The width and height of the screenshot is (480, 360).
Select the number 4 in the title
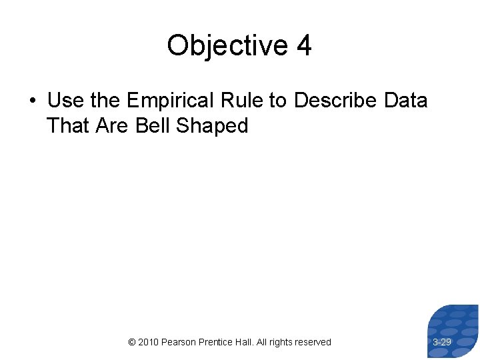(x=304, y=46)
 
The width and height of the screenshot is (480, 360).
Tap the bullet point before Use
(x=32, y=101)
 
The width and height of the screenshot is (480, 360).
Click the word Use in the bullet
(x=65, y=100)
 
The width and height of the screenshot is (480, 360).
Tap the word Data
(x=406, y=100)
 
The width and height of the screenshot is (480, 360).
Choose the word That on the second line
(x=68, y=125)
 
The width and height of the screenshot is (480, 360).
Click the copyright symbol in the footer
(x=131, y=342)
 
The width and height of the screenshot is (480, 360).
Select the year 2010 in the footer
(x=149, y=342)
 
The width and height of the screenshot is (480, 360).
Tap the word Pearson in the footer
(x=179, y=342)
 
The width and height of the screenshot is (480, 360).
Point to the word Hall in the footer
(x=249, y=342)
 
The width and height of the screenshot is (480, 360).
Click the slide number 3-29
(x=442, y=342)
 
